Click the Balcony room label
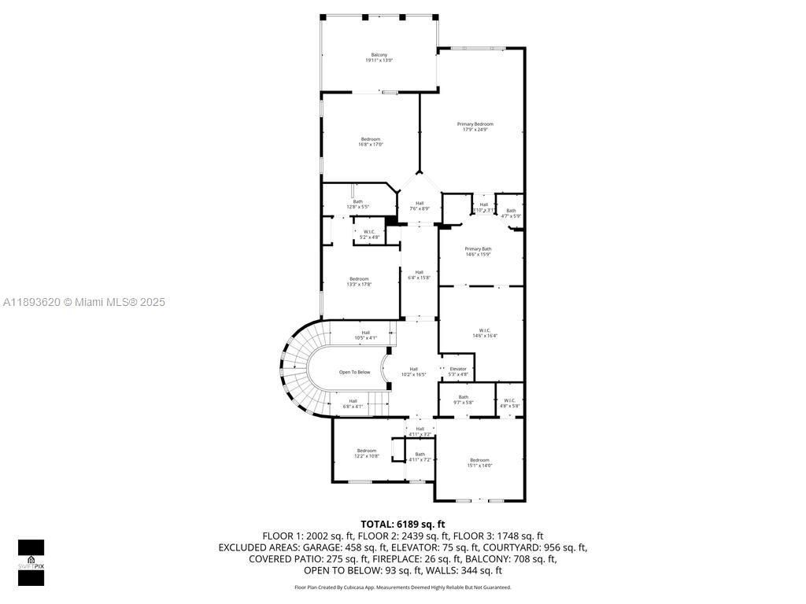[379, 57]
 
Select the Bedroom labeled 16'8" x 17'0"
[370, 142]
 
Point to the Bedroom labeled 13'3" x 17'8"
[359, 282]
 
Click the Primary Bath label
[478, 251]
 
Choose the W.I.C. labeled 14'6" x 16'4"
[484, 333]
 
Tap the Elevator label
[457, 371]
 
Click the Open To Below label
[354, 372]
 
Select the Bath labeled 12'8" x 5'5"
[357, 204]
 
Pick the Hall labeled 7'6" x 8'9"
[420, 205]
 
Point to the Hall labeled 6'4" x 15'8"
[419, 274]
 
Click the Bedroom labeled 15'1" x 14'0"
[479, 462]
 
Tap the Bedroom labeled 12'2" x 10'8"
[366, 453]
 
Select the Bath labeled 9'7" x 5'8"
[463, 400]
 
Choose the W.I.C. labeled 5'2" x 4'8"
[369, 234]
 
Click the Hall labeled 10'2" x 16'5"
[413, 371]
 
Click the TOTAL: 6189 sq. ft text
[402, 524]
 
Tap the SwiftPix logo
[31, 562]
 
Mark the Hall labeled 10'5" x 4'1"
[365, 334]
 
